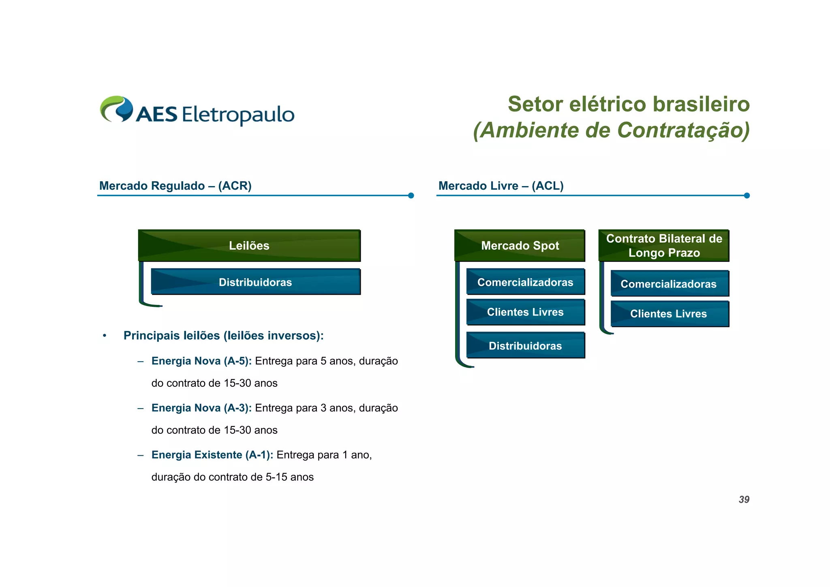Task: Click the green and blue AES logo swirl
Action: coord(117,109)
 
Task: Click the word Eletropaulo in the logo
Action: coord(238,115)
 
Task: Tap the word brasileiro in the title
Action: coord(701,104)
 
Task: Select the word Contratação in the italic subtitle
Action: coord(683,131)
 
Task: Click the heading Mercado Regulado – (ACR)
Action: coord(175,186)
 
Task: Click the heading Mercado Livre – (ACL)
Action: coord(501,186)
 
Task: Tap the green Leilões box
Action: coord(249,246)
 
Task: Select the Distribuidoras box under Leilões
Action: coord(255,282)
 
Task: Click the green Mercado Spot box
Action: coord(520,246)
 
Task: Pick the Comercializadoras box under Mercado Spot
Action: coord(525,282)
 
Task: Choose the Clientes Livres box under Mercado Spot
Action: coord(525,312)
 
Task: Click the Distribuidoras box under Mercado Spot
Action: coord(525,346)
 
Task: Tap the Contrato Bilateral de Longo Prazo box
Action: coord(664,246)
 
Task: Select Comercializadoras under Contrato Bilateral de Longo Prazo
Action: coord(669,284)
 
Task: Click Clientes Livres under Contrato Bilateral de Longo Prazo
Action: coord(669,314)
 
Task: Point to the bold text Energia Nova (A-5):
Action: coord(201,361)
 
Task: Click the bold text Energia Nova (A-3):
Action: coord(201,408)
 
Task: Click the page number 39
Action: coord(744,499)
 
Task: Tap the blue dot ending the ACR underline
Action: coord(411,195)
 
